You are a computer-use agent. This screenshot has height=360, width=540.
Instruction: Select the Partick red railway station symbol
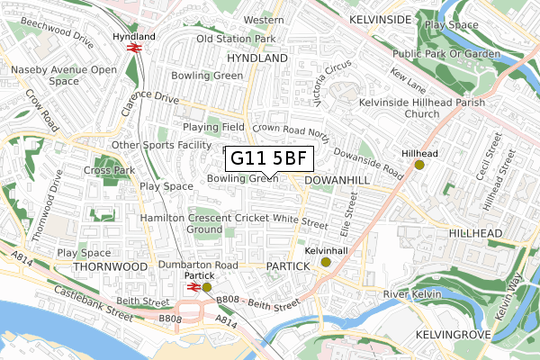click(193, 287)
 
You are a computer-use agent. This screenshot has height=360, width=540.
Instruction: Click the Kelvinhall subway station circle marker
click(326, 263)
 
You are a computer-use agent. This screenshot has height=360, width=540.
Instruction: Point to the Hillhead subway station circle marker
click(418, 165)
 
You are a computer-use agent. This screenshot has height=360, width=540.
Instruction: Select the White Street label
click(301, 219)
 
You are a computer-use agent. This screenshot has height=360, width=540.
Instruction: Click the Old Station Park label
click(236, 40)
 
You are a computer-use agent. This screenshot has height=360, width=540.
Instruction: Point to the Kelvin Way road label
click(517, 297)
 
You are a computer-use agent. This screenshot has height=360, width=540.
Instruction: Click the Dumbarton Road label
click(198, 265)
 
